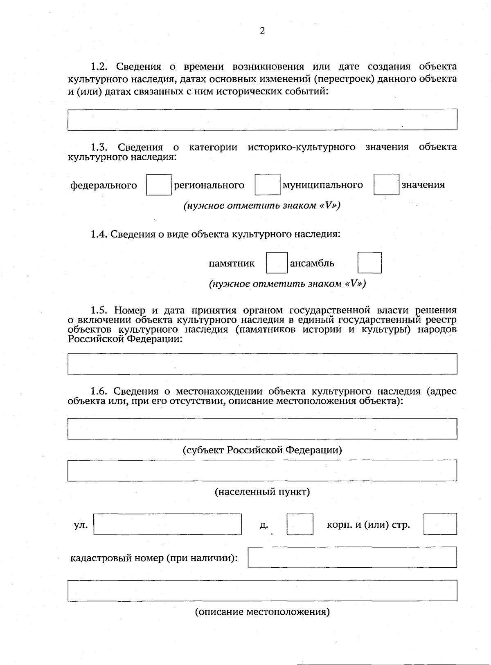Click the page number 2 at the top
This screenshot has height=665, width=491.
(262, 31)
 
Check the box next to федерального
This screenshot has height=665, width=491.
(159, 185)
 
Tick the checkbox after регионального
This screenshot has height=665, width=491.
(268, 184)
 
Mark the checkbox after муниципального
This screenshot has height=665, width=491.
(386, 184)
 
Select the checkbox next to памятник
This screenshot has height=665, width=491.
(277, 263)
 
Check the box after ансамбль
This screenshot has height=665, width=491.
(369, 263)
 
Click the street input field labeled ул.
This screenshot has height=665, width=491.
(168, 524)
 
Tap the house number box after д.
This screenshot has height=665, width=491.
(300, 524)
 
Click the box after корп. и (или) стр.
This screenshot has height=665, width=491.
(440, 524)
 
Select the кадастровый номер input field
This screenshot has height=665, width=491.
(352, 558)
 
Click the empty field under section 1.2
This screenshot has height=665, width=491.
(262, 120)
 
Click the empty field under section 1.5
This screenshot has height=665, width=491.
(262, 364)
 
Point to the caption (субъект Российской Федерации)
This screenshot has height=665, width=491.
(262, 450)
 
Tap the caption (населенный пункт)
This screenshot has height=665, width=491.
(262, 492)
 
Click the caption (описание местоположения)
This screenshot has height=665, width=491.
(262, 612)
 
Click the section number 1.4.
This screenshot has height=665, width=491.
(99, 235)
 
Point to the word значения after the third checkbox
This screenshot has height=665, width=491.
(423, 185)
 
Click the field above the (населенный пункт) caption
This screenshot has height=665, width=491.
(262, 470)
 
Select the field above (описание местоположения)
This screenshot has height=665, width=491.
(262, 591)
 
